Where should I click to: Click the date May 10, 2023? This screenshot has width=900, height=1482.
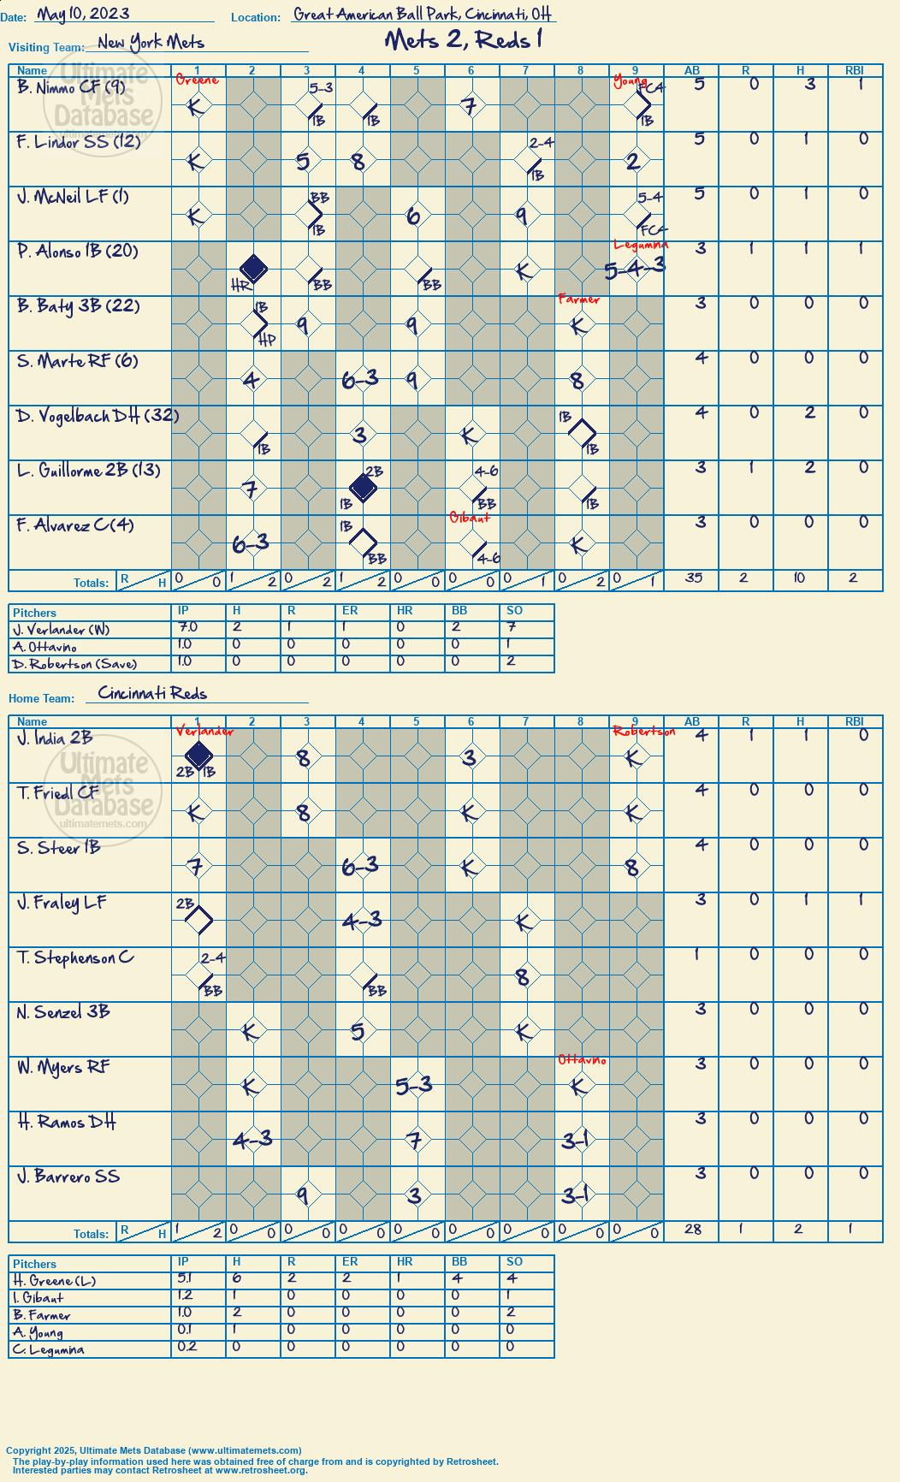83,13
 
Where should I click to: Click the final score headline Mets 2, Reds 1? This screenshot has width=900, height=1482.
465,39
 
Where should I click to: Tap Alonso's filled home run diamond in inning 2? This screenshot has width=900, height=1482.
253,269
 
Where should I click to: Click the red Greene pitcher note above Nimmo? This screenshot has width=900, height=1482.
198,80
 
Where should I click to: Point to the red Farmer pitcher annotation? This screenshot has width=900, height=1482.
579,299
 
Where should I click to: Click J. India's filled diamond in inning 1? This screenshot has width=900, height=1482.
198,756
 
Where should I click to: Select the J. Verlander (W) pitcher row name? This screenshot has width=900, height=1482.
62,630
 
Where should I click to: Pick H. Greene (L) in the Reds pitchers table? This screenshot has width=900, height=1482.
54,1281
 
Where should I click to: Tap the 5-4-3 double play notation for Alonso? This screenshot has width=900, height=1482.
635,268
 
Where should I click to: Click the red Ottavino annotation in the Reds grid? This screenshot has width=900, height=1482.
582,1060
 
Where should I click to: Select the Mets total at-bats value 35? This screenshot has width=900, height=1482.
694,578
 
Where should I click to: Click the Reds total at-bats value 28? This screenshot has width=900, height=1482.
694,1230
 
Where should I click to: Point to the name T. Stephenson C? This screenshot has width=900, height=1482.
75,958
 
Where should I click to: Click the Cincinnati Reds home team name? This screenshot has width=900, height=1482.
152,693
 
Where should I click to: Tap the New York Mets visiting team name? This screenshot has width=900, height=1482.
151,42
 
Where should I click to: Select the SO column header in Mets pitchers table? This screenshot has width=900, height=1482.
514,611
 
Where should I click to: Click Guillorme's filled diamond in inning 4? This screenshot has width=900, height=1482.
363,488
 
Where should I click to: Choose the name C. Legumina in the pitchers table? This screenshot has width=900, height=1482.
49,1349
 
